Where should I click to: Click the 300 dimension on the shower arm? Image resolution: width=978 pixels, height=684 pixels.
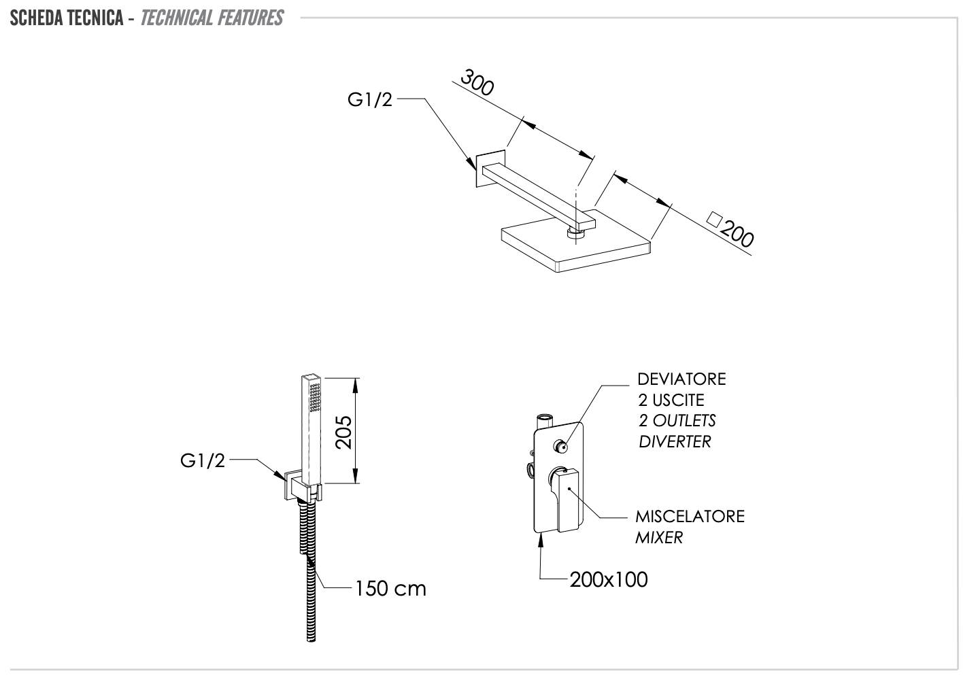click(477, 82)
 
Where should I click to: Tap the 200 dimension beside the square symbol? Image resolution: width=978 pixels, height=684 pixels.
click(737, 234)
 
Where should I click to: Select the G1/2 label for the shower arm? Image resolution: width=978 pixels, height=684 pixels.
click(370, 100)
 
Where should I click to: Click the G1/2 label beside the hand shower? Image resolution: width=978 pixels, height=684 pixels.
click(202, 460)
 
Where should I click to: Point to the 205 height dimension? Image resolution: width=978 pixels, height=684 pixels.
click(343, 431)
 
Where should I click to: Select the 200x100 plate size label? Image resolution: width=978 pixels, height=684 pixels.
click(609, 579)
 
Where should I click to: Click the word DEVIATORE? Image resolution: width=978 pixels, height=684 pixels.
click(681, 379)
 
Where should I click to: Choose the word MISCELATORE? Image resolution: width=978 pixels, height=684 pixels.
click(690, 516)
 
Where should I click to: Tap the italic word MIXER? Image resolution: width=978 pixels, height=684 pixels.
click(659, 537)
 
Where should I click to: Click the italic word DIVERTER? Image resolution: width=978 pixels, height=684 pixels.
click(675, 441)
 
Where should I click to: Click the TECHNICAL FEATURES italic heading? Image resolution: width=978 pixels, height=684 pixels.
click(212, 18)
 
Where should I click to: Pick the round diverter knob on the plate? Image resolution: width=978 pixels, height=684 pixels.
click(561, 447)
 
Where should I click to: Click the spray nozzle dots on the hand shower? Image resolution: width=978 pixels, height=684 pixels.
click(314, 397)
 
